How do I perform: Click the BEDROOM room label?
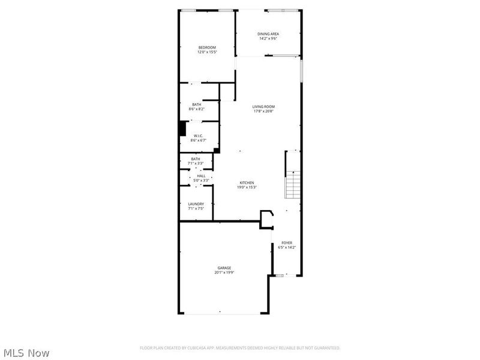click(207, 47)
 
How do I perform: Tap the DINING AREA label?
click(268, 34)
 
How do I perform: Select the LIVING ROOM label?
click(263, 106)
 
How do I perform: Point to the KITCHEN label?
click(247, 182)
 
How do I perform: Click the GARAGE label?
click(224, 268)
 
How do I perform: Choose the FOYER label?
click(287, 242)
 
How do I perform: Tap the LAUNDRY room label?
click(196, 204)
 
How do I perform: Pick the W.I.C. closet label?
click(199, 136)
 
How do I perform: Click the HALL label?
click(201, 176)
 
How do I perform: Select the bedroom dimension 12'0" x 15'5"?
click(207, 52)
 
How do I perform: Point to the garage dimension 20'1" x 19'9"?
click(224, 272)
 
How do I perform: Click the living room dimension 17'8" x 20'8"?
click(263, 111)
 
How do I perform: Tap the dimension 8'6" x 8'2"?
click(197, 109)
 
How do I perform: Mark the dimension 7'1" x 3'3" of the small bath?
click(196, 163)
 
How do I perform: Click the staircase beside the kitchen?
click(292, 184)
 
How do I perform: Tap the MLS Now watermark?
click(26, 353)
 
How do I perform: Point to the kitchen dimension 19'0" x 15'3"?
click(247, 187)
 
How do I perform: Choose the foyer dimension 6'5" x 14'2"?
click(287, 247)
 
